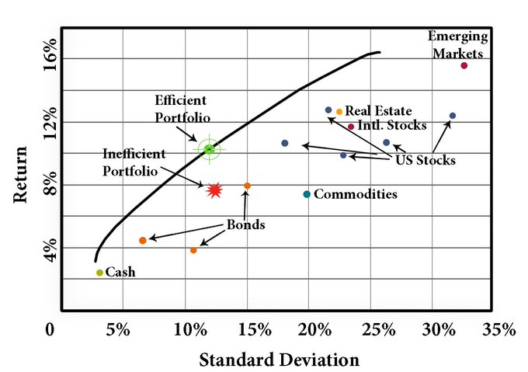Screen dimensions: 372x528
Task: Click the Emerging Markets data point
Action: click(464, 65)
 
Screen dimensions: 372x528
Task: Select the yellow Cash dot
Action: click(99, 273)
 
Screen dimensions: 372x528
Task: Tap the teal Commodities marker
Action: click(307, 194)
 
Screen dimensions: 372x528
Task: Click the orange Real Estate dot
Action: click(339, 112)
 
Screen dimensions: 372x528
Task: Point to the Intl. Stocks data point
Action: click(351, 127)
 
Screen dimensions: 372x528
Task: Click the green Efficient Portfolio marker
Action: click(209, 149)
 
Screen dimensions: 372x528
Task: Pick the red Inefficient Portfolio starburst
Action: click(215, 189)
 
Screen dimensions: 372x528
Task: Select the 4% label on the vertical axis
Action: click(49, 249)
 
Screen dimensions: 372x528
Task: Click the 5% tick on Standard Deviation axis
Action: click(118, 329)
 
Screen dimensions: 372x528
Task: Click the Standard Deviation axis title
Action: click(280, 360)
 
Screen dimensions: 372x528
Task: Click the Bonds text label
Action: click(245, 225)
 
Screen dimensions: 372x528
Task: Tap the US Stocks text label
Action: click(426, 161)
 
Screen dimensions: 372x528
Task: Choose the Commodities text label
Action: click(356, 195)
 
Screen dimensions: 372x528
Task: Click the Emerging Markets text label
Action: click(458, 45)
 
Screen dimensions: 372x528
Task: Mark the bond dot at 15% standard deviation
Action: click(247, 186)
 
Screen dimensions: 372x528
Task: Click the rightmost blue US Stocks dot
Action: click(453, 116)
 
